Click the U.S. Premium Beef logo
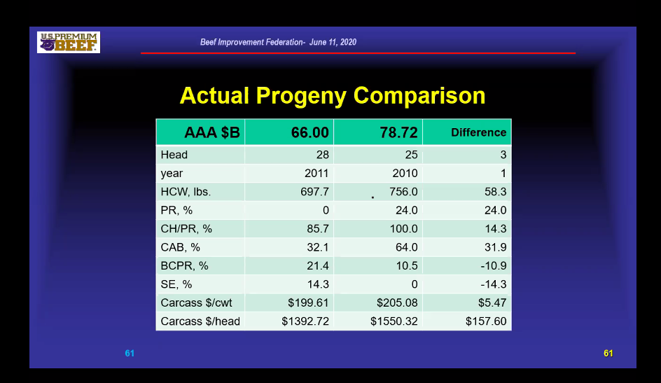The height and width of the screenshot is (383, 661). (69, 42)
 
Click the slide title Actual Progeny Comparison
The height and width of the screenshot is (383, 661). (333, 96)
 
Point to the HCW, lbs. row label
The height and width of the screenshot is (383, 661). (186, 192)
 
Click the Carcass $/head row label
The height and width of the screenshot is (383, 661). (200, 321)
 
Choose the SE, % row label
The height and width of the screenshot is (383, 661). (176, 284)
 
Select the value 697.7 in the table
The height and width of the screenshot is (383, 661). (314, 192)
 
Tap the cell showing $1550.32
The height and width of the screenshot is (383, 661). (394, 321)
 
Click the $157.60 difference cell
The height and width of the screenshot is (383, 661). (486, 321)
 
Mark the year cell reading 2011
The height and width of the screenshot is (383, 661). (316, 173)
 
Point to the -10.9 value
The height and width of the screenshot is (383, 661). (494, 266)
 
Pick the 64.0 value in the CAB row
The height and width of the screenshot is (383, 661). (406, 247)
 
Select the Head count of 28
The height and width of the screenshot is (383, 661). (323, 155)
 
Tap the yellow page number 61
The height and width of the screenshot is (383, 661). (608, 354)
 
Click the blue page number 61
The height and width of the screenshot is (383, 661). (130, 354)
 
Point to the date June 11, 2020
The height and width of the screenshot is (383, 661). (333, 42)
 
